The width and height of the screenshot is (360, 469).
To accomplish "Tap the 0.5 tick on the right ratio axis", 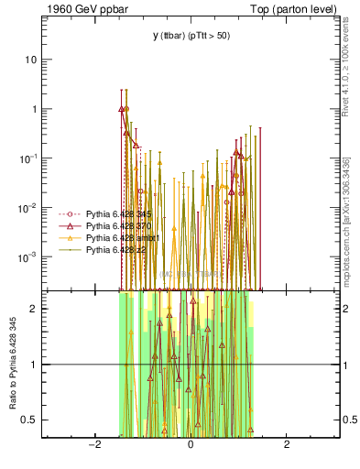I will click(348, 420).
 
